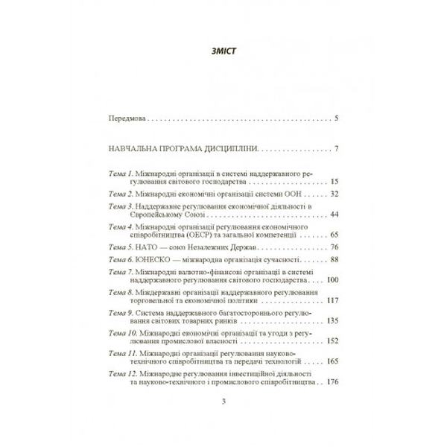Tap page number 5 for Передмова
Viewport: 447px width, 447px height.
point(337,118)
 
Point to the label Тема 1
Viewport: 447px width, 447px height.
point(121,173)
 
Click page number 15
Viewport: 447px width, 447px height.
point(334,181)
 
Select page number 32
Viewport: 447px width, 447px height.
point(334,193)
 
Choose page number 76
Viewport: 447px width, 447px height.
point(334,247)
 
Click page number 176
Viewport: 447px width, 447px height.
point(332,383)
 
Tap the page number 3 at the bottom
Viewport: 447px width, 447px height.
point(223,404)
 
